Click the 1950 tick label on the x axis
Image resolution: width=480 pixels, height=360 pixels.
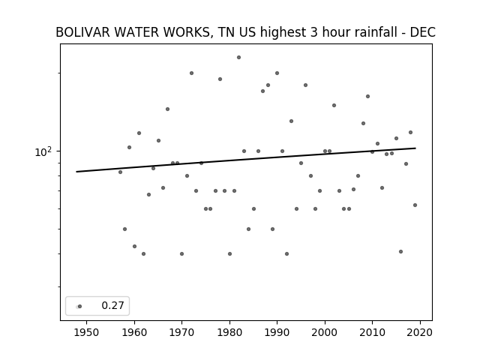(87, 332)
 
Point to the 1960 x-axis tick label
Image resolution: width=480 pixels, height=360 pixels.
(134, 332)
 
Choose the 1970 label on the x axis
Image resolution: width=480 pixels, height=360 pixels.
(181, 332)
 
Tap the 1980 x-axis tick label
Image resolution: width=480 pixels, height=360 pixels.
(229, 332)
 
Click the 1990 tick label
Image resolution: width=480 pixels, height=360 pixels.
(277, 332)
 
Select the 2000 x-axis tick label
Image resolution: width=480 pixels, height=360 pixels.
(325, 332)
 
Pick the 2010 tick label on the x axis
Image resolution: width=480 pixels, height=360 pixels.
(372, 332)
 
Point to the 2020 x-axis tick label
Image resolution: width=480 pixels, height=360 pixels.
(420, 332)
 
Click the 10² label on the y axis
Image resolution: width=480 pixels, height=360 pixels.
(43, 151)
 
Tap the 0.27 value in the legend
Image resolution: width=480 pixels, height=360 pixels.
(112, 305)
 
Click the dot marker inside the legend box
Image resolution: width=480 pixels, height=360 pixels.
(79, 306)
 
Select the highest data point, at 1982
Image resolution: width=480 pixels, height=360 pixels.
(238, 57)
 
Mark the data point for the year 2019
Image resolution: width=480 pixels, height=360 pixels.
(415, 205)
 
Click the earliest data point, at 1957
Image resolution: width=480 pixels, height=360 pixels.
(120, 172)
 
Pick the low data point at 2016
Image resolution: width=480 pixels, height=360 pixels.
(400, 252)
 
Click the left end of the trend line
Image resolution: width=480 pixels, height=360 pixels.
(76, 172)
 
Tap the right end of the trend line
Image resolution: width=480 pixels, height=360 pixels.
(415, 148)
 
